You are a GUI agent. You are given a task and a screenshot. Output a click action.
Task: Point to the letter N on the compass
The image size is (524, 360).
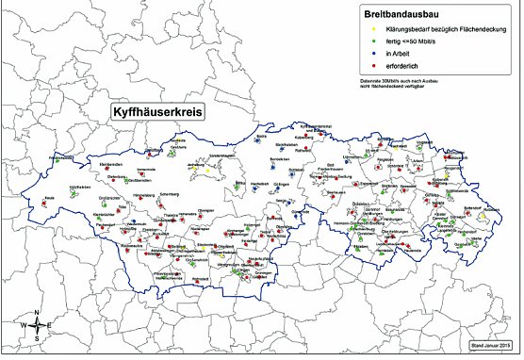tap(36, 313)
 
